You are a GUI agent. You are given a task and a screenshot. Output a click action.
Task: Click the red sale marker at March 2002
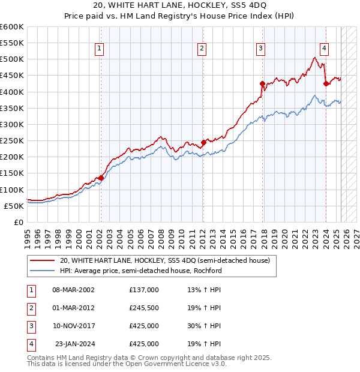[101, 178]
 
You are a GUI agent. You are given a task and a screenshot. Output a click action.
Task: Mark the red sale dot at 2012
[203, 142]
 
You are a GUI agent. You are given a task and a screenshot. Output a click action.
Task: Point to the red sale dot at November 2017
[262, 83]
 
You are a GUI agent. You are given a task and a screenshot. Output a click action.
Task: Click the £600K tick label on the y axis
[12, 27]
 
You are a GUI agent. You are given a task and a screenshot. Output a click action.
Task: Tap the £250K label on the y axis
[12, 140]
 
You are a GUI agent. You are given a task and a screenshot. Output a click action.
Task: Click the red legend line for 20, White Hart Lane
[43, 260]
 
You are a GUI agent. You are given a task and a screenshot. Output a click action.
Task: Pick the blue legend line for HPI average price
[43, 271]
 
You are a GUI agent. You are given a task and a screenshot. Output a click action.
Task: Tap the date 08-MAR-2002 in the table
[73, 289]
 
